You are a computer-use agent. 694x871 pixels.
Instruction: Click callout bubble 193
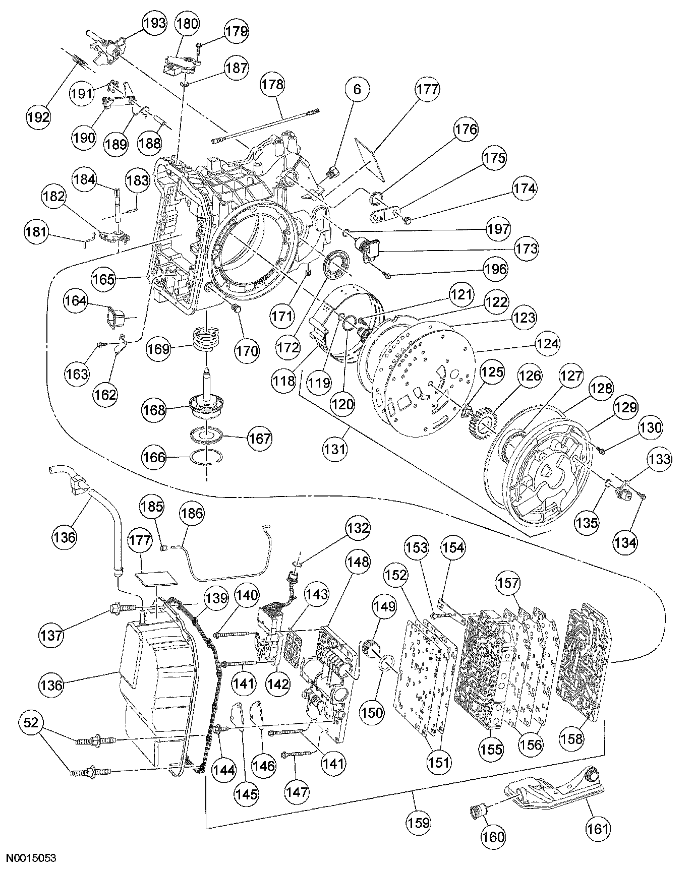[155, 23]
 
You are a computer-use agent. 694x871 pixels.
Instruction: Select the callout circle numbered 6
[357, 90]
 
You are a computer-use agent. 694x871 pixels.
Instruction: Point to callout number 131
[335, 448]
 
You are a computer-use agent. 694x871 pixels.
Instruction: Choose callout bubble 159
[419, 823]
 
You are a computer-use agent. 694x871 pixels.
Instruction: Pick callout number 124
[548, 344]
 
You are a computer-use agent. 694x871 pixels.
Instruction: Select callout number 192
[39, 117]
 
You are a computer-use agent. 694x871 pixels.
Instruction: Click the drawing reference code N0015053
[32, 857]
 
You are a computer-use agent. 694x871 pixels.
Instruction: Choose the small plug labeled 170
[235, 308]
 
